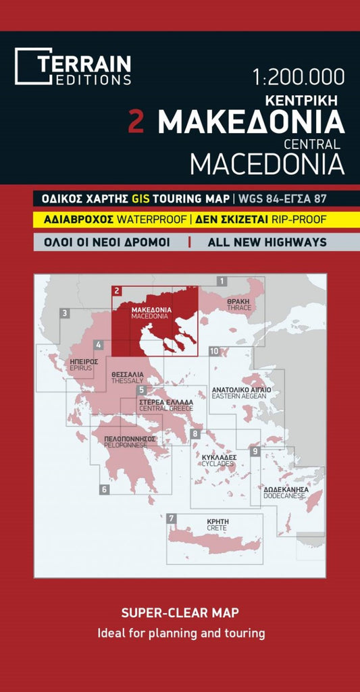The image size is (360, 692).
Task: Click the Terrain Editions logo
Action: click(73, 67)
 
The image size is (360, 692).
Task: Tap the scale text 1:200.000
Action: click(298, 77)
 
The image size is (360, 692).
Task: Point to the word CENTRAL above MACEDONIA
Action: click(311, 143)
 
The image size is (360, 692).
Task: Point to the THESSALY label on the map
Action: click(128, 381)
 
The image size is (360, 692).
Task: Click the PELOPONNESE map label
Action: click(130, 446)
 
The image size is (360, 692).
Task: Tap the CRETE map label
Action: click(217, 528)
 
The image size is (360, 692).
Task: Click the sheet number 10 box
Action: click(214, 351)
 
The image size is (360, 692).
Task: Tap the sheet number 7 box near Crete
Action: click(172, 518)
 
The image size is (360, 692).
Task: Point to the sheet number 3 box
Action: click(64, 313)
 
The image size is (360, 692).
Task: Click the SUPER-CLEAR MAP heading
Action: click(180, 613)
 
